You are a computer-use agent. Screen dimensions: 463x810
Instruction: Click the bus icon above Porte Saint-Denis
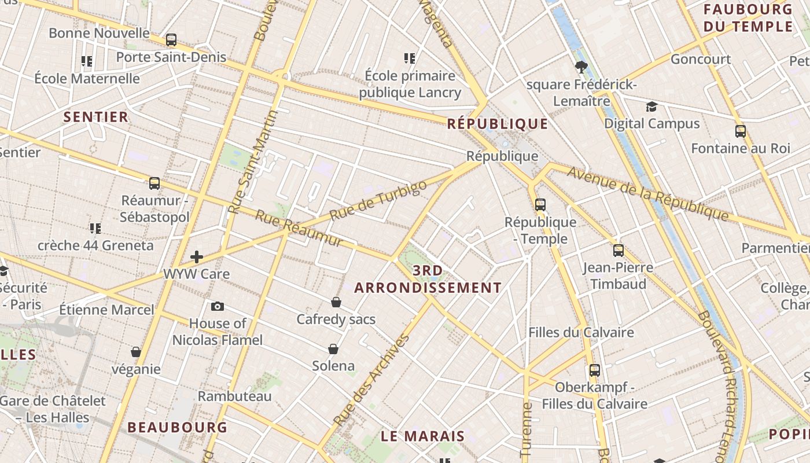(x=171, y=40)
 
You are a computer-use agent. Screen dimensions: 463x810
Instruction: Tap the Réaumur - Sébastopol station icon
(x=154, y=183)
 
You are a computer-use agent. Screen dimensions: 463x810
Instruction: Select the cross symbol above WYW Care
(x=197, y=257)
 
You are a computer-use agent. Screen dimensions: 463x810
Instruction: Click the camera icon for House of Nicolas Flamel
(x=218, y=306)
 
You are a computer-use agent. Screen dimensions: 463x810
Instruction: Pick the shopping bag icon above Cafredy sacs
(x=336, y=302)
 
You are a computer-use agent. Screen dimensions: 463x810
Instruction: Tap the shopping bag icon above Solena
(x=333, y=348)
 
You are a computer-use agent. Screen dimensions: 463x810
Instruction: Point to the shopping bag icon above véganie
(x=136, y=352)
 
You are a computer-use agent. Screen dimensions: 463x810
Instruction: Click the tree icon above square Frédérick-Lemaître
(x=581, y=67)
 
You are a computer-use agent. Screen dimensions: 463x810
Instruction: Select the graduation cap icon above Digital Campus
(x=651, y=106)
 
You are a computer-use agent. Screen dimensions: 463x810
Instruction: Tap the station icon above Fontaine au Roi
(x=740, y=131)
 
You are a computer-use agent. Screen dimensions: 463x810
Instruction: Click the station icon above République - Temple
(x=540, y=204)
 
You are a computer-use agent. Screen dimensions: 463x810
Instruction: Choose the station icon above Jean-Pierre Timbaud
(x=618, y=251)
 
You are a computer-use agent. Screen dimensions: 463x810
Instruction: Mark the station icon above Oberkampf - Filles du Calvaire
(x=594, y=370)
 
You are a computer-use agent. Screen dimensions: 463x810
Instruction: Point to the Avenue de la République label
(x=647, y=193)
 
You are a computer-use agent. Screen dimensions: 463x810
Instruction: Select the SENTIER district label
(x=96, y=117)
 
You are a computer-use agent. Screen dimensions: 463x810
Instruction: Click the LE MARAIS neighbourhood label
(x=423, y=436)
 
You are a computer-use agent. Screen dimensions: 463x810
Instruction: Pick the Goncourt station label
(x=701, y=59)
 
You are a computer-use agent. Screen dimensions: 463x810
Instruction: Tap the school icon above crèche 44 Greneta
(x=95, y=228)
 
